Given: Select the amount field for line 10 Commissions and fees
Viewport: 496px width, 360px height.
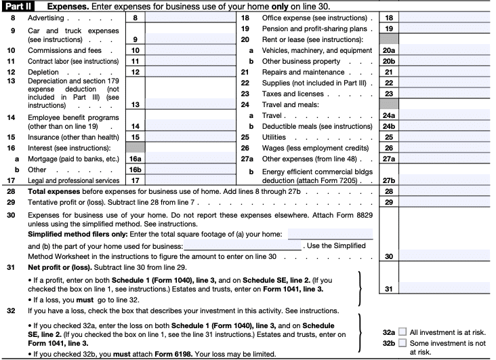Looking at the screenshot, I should (x=188, y=50).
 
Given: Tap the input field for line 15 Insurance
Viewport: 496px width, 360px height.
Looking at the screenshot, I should (x=188, y=137).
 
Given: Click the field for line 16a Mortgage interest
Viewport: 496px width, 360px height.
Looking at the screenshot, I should (x=188, y=159).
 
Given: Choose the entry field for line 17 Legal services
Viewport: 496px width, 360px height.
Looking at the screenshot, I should (x=188, y=180).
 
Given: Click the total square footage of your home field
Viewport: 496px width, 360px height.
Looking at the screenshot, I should (x=330, y=234).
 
